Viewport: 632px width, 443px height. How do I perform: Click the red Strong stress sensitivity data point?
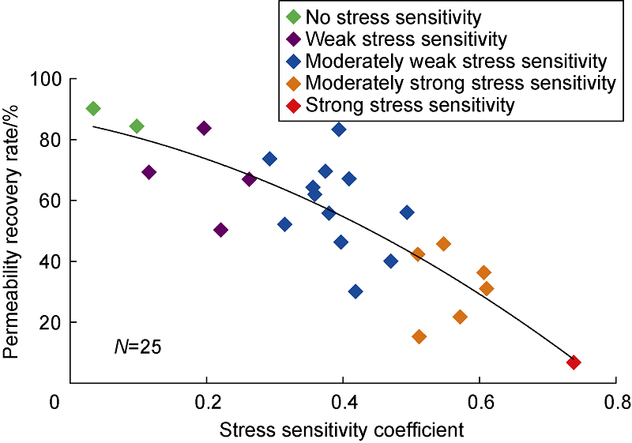(574, 362)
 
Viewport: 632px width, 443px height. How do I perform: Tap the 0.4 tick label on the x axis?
(342, 400)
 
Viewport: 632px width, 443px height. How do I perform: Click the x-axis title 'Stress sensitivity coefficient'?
(341, 430)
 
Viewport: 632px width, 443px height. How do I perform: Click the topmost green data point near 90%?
(92, 108)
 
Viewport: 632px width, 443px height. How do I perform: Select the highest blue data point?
(339, 130)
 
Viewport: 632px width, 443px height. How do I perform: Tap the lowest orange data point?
(419, 336)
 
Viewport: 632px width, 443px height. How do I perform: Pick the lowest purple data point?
(220, 230)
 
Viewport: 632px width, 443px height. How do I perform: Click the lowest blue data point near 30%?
(355, 291)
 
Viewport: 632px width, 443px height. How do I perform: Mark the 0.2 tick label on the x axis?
(206, 400)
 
